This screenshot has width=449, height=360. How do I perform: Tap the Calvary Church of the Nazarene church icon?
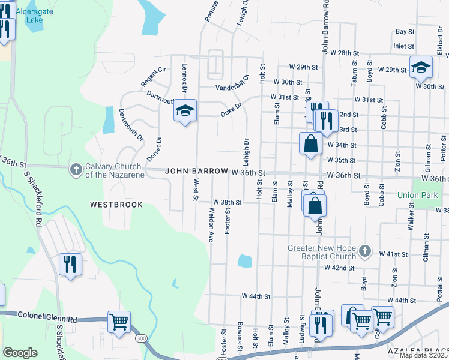point(76,170)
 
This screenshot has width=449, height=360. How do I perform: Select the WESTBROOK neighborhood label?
point(116,205)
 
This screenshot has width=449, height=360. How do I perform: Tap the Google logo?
point(20,353)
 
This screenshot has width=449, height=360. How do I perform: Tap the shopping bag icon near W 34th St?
point(310,144)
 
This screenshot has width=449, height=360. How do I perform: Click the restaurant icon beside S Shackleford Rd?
point(70,264)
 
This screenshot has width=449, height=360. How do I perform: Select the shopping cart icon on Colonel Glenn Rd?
point(119,321)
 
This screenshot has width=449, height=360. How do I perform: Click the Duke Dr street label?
point(231,107)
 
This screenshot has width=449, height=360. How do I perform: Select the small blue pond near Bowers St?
point(245,261)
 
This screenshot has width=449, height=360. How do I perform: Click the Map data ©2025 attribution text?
point(423,355)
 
